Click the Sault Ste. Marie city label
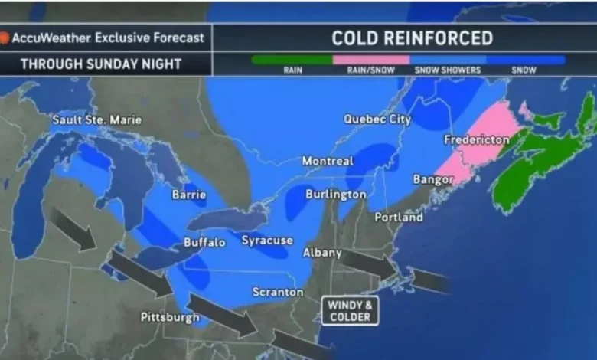click(x=96, y=119)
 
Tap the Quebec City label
click(x=377, y=119)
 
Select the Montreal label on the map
click(x=328, y=162)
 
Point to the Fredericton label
click(x=476, y=140)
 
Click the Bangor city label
click(x=433, y=179)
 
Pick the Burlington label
click(x=335, y=195)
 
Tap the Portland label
click(x=399, y=218)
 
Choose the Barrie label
click(x=189, y=195)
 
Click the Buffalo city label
click(x=204, y=243)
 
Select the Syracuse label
click(x=267, y=241)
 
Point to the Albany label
click(x=322, y=253)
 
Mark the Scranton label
click(x=278, y=293)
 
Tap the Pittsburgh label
click(x=170, y=317)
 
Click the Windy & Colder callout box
click(x=350, y=309)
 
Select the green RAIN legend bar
click(x=292, y=59)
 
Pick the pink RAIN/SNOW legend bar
click(x=370, y=59)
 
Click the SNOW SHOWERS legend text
click(x=448, y=70)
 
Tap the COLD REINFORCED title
click(x=412, y=38)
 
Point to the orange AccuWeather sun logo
click(x=5, y=37)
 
